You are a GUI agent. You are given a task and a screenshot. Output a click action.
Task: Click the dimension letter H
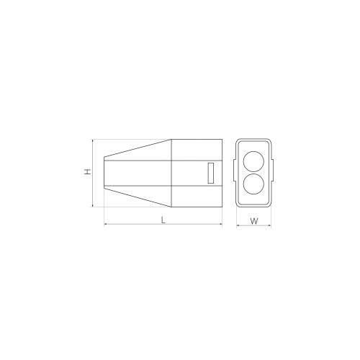pyautogui.click(x=88, y=171)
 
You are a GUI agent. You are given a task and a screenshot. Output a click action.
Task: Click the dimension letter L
pyautogui.click(x=163, y=220)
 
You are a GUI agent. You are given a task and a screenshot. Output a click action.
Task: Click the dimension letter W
pyautogui.click(x=254, y=221)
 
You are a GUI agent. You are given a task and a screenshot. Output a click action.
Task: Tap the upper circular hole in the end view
pyautogui.click(x=253, y=161)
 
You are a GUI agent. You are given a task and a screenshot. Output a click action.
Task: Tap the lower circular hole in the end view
pyautogui.click(x=253, y=184)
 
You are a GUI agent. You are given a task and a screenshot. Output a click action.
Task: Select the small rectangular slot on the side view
pyautogui.click(x=211, y=173)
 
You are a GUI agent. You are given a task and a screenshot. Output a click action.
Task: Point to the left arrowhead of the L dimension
pyautogui.click(x=106, y=225)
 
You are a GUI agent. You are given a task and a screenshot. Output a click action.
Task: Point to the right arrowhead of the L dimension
pyautogui.click(x=220, y=225)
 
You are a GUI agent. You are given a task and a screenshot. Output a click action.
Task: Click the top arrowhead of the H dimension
pyautogui.click(x=93, y=140)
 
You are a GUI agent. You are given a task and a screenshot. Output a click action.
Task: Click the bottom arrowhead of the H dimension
pyautogui.click(x=93, y=205)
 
